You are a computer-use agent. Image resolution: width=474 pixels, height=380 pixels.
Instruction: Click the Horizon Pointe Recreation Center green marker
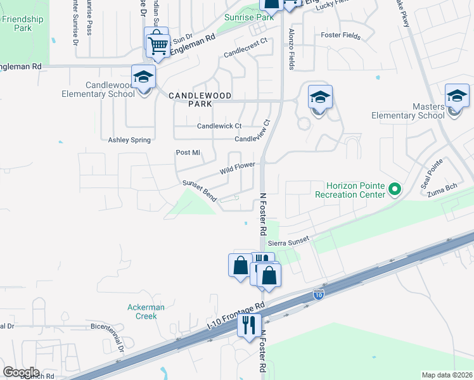click(395, 189)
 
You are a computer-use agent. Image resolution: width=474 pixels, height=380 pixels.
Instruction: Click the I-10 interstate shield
click(319, 294)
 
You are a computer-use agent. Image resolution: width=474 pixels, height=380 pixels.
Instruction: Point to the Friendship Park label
click(23, 24)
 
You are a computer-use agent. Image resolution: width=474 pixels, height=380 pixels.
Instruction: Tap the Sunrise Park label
click(249, 18)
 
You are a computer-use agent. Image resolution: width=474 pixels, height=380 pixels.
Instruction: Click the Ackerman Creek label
click(146, 312)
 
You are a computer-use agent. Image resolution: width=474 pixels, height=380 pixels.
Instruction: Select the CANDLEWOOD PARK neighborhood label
click(200, 99)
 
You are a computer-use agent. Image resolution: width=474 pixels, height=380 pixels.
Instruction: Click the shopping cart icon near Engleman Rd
click(158, 44)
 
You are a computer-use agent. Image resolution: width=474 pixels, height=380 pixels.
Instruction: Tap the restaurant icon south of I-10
click(248, 324)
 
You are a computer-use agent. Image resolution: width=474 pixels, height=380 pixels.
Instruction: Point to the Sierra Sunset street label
click(288, 241)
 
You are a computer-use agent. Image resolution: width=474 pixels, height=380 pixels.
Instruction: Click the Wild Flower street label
click(238, 168)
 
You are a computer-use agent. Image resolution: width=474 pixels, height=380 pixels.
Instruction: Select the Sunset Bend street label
click(200, 191)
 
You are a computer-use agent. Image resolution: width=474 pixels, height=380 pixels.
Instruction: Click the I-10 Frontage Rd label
click(236, 315)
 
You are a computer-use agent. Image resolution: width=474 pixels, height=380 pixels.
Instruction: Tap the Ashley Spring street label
click(129, 140)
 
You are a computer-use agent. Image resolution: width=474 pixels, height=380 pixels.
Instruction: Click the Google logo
click(21, 372)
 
